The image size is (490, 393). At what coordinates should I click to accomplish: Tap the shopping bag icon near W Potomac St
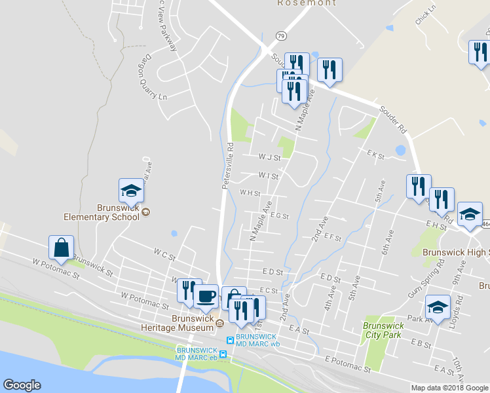pyautogui.click(x=60, y=248)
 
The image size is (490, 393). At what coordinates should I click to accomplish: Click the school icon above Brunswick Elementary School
pyautogui.click(x=130, y=191)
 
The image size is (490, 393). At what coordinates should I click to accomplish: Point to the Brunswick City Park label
pyautogui.click(x=382, y=328)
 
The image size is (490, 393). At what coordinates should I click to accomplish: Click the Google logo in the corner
pyautogui.click(x=22, y=385)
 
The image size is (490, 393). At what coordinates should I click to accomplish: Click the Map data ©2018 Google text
pyautogui.click(x=449, y=388)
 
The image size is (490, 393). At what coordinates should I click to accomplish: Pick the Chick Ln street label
pyautogui.click(x=425, y=16)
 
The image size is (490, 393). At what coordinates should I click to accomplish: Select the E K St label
pyautogui.click(x=375, y=155)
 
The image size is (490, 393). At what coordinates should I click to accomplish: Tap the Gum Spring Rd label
pyautogui.click(x=417, y=278)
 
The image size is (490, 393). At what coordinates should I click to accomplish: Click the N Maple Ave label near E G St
pyautogui.click(x=260, y=224)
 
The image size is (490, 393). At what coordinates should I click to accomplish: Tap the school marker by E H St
pyautogui.click(x=470, y=214)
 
